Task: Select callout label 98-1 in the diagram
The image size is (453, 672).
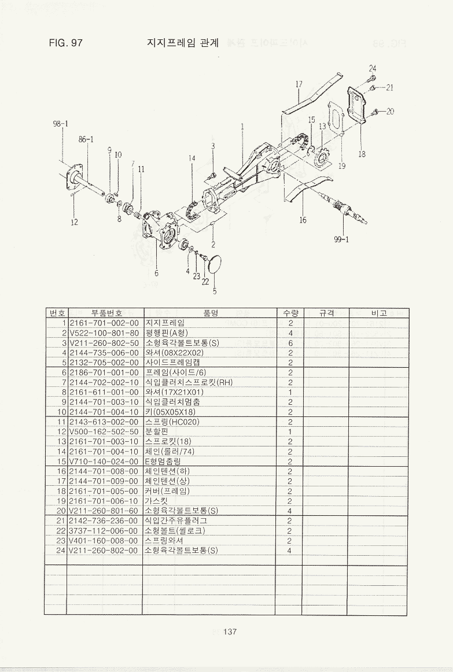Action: (61, 123)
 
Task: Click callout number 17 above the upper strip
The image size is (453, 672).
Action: (299, 84)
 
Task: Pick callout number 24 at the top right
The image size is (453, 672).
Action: (373, 68)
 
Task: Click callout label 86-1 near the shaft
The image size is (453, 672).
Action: (86, 139)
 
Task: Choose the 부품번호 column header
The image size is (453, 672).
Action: (104, 313)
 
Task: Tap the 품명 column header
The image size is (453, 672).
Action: (209, 313)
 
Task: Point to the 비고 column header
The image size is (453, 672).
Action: (379, 313)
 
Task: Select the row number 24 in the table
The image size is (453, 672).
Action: (60, 550)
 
